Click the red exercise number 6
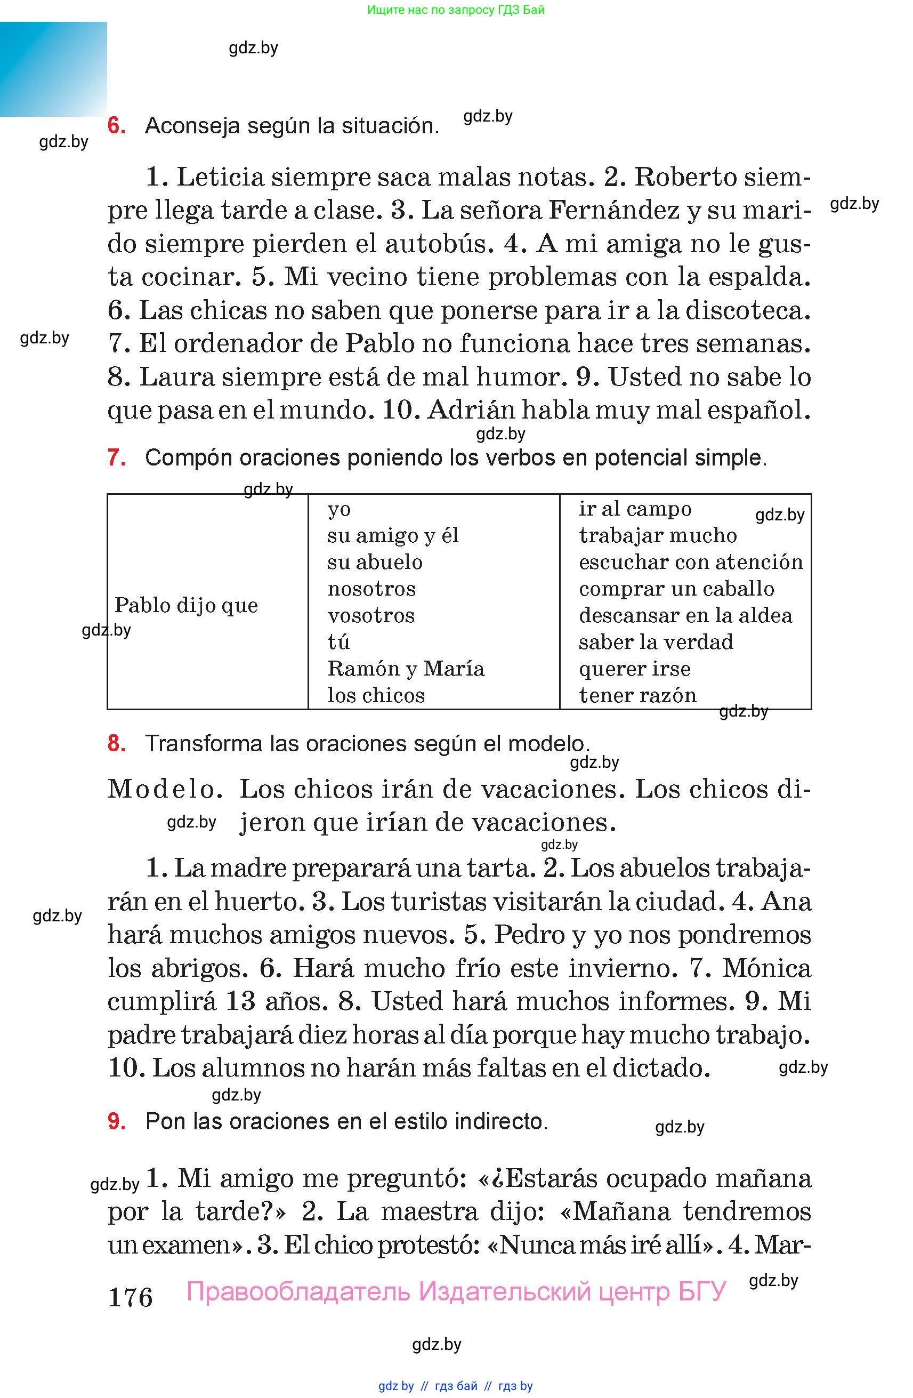pos(116,126)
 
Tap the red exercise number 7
pos(116,457)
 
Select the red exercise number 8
pos(116,743)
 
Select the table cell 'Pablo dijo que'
pos(186,605)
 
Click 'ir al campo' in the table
pos(635,509)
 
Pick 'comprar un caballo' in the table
pos(676,589)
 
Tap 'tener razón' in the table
pos(637,695)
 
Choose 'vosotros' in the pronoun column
pos(371,616)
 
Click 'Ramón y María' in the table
pos(406,669)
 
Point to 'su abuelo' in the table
pos(375,562)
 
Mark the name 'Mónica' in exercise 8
pos(766,967)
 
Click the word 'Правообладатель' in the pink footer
pos(298,1291)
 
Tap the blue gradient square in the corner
pos(53,69)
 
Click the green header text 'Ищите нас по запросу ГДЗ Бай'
pos(456,10)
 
